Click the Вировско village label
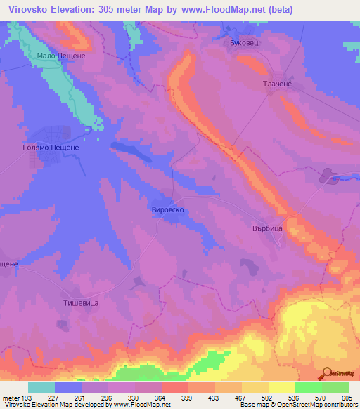click(x=168, y=209)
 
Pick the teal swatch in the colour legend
click(x=41, y=387)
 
